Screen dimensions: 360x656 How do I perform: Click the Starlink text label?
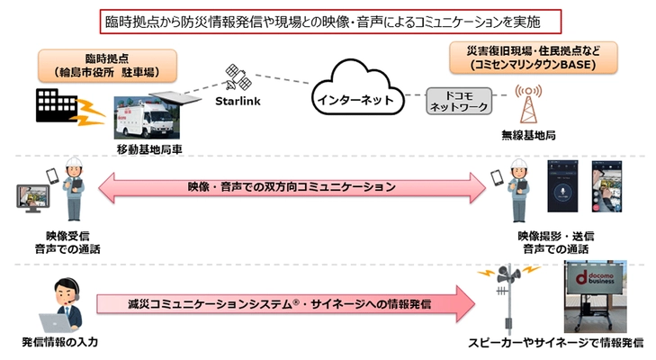237,102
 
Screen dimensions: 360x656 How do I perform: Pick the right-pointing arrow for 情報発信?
288,303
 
